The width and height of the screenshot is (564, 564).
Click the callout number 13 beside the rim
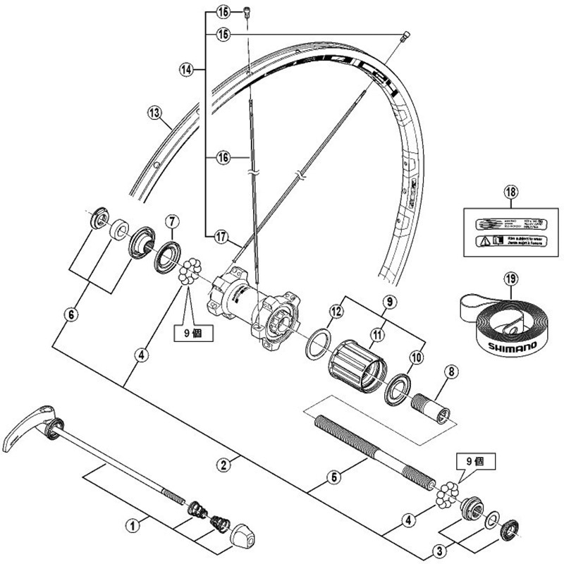point(154,111)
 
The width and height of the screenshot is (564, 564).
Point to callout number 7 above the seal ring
point(171,223)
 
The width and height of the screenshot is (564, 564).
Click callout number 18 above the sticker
point(510,192)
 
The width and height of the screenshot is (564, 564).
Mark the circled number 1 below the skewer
point(131,525)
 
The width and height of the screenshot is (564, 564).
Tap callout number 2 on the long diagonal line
point(223,464)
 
